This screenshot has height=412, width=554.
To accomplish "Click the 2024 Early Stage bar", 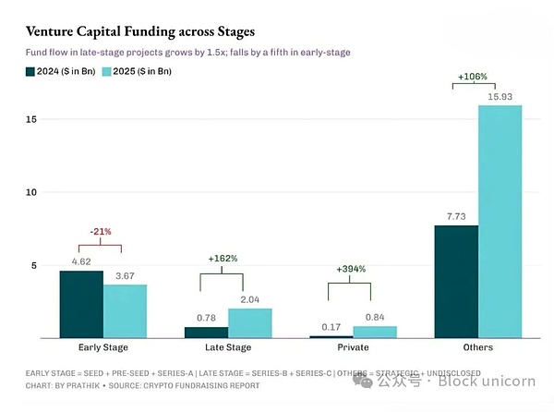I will [80, 304].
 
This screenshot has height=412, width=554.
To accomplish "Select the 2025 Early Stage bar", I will [125, 311].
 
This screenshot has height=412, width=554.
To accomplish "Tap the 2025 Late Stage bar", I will [249, 323].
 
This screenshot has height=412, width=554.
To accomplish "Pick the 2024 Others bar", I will [456, 282].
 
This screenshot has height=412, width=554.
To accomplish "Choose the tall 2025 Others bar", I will [500, 222].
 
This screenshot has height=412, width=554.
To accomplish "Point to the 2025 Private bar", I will [374, 332].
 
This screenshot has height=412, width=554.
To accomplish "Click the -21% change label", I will [102, 232].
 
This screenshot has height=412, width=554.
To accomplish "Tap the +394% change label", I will [351, 269].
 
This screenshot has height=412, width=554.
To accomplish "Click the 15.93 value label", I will [500, 96].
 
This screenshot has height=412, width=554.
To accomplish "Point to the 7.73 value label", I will [456, 215].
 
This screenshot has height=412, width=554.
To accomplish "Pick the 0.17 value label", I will [330, 326].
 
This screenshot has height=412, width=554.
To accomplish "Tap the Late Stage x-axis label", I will [227, 348].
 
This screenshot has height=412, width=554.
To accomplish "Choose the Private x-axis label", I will [352, 348].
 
